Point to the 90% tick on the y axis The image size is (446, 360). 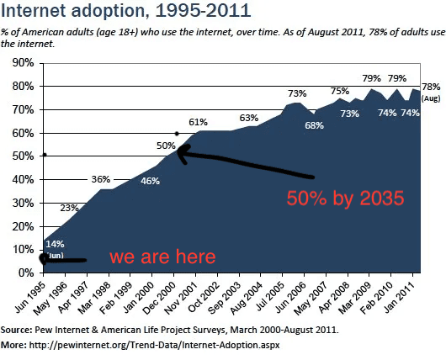[20, 63]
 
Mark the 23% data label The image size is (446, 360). [69, 208]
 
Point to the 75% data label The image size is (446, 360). [339, 91]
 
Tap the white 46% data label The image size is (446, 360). [150, 181]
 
